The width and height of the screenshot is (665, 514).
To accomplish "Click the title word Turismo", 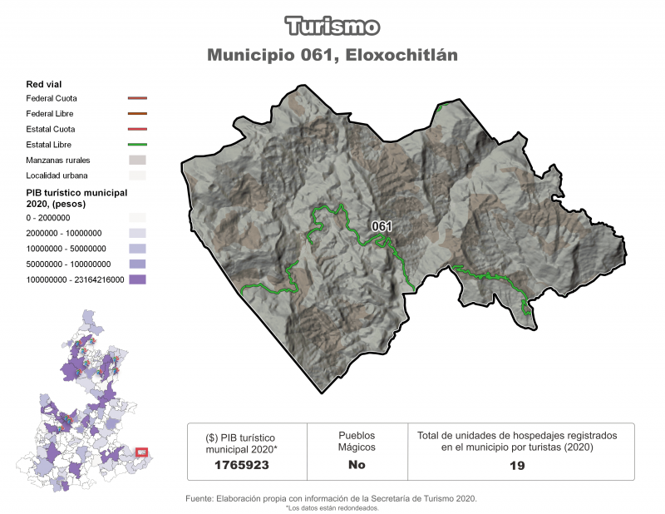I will pos(332,26).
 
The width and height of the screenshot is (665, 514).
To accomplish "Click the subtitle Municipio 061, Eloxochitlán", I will pos(332,55).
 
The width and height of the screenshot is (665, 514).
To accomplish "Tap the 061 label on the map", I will pos(382,226).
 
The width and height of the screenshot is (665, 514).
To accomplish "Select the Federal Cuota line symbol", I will pos(137,99).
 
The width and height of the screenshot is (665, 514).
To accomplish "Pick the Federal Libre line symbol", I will pos(137,114).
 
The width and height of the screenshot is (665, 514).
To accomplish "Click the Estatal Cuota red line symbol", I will pos(137,129).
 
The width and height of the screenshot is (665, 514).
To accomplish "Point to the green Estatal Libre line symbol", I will pos(137,145).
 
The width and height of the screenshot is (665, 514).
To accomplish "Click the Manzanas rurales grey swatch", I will pos(137,160).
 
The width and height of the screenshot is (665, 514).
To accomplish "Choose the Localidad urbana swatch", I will pos(137,175).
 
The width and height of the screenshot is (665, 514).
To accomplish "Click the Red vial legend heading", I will pos(44,84).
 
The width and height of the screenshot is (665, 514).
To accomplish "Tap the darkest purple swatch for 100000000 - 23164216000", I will pos(137,280).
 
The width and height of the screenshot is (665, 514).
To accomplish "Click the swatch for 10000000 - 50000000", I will pos(137,249).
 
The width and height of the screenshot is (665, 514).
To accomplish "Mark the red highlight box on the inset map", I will pos(141,452).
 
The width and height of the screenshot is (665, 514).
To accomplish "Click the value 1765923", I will pos(240,465).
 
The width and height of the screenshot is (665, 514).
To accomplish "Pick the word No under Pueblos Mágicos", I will pos(357,465).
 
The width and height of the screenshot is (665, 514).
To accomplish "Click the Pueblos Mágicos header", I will pos(357,441).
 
